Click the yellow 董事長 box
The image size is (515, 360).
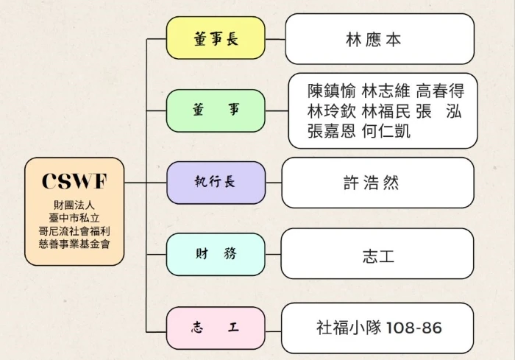pos(216,38)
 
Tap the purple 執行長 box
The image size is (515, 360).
pos(216,182)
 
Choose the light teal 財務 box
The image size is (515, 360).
pos(216,254)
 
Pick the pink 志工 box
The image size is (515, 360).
pos(216,327)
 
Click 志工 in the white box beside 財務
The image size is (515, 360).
pos(377,255)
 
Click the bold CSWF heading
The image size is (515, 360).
pos(74,180)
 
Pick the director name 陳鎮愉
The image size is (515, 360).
pos(333,91)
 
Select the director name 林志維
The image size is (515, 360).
pos(386,91)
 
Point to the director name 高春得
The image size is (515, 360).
pos(440,91)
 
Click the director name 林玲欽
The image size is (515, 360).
pos(333,112)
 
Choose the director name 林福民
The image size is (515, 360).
pos(386,112)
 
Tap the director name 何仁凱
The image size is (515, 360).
pos(386,132)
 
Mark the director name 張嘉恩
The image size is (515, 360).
pos(333,132)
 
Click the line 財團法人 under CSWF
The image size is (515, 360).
pos(74,203)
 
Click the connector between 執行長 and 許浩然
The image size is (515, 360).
pos(274,183)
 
